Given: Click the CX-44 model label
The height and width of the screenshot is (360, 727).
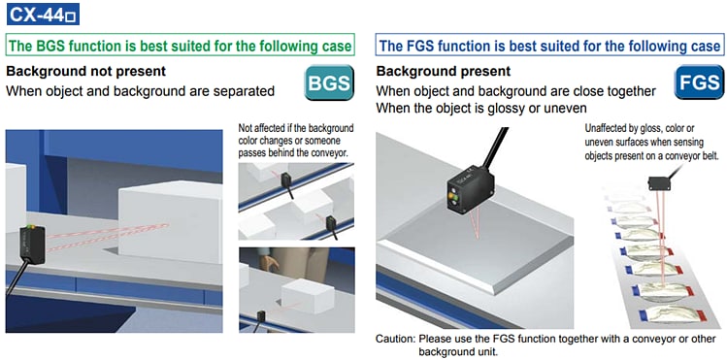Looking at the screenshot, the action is [x=43, y=14].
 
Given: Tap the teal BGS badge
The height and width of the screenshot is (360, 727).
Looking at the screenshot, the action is [x=329, y=82].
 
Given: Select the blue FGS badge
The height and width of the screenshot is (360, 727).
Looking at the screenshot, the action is [x=699, y=82].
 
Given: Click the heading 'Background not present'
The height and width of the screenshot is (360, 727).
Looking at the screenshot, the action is [x=85, y=72].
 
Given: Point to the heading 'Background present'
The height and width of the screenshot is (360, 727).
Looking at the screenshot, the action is [x=444, y=72].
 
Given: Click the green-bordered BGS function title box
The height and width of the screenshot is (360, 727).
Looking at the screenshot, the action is [x=181, y=46].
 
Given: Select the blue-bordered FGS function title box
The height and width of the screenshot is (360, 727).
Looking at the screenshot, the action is [x=549, y=46].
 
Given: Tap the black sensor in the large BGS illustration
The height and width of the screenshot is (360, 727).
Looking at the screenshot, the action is [x=31, y=244].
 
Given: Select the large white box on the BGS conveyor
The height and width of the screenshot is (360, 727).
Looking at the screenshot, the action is [x=170, y=221].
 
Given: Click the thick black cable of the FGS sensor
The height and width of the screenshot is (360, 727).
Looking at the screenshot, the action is [x=494, y=149].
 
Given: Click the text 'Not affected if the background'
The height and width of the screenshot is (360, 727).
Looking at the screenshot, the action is [x=295, y=128].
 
